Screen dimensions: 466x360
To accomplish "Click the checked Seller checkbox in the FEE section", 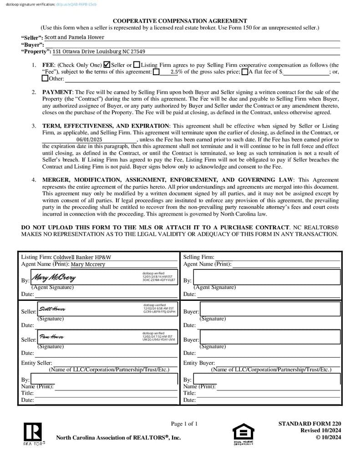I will [x=107, y=65].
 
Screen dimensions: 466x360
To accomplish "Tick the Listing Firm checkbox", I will [x=137, y=65].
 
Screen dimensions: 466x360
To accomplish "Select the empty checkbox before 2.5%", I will [x=156, y=71].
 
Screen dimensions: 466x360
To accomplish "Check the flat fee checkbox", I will [x=244, y=71].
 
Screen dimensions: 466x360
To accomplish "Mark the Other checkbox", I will [x=45, y=78].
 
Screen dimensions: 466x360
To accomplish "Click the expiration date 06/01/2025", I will [x=89, y=139].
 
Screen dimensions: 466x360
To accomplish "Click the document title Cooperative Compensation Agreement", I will [x=180, y=20].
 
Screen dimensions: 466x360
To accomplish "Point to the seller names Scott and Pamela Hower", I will [x=74, y=37].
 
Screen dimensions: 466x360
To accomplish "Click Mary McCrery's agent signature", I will [x=54, y=277].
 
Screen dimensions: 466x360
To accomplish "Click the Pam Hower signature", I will [x=51, y=337].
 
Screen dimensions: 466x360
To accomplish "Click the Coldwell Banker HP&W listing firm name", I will [x=82, y=257].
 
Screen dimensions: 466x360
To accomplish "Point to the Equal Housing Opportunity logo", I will [x=243, y=434].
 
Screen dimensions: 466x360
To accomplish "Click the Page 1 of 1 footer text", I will [x=184, y=424].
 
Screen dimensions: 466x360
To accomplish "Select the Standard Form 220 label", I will [x=309, y=424].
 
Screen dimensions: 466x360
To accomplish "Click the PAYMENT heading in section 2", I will [x=57, y=92].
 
